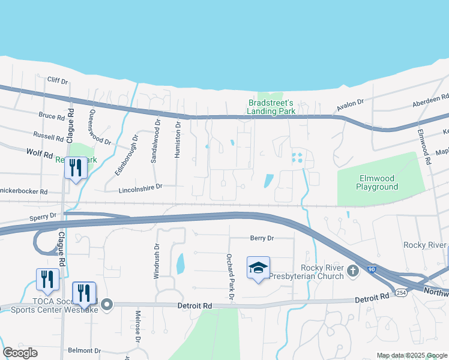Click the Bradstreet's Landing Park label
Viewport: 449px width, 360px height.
coord(271,107)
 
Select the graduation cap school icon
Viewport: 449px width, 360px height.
coord(258,268)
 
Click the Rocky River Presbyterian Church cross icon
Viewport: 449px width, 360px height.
coord(353,272)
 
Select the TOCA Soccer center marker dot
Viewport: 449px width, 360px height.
coord(107,305)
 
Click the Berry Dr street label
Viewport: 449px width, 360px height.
coord(262,238)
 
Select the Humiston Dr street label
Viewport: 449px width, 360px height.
coord(178,139)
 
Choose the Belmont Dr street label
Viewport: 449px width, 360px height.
coord(85,350)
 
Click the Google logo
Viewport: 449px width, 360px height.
coord(20,353)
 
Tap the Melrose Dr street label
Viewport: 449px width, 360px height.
coord(137,329)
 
